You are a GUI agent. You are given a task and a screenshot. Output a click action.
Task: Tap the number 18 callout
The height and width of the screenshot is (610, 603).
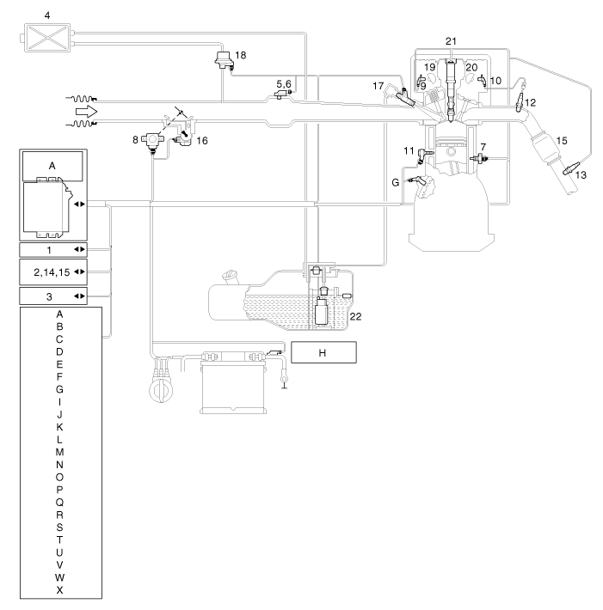pos(240,54)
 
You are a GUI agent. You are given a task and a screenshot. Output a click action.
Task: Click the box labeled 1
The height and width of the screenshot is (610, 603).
pos(52,249)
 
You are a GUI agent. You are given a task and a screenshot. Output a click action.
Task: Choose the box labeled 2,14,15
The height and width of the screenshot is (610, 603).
pos(52,272)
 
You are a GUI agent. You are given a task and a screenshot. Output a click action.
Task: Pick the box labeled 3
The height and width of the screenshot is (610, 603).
pos(52,296)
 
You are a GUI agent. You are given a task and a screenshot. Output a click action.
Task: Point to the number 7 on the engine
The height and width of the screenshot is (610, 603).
pos(485,149)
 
